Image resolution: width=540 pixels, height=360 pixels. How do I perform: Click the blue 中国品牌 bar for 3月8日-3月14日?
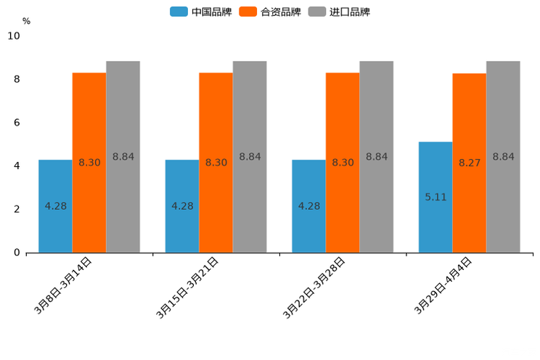(x=55, y=206)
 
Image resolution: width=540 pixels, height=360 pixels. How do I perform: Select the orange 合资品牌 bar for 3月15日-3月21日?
(x=216, y=163)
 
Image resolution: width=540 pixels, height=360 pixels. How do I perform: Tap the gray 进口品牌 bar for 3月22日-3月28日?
(x=376, y=157)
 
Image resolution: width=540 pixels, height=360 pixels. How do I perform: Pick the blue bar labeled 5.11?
(x=435, y=197)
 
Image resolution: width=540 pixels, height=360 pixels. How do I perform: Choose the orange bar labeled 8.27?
(x=469, y=163)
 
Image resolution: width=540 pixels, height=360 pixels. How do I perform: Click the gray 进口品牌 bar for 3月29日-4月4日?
(x=503, y=157)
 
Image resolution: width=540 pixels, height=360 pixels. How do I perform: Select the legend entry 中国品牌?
(x=201, y=12)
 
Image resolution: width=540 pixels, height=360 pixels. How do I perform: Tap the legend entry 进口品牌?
(x=339, y=12)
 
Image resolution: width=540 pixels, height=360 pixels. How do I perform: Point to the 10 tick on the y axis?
(x=14, y=36)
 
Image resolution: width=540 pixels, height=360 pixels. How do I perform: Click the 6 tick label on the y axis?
(x=17, y=123)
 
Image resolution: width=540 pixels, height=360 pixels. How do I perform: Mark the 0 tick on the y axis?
(x=17, y=253)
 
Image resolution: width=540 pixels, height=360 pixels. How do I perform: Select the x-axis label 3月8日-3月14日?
(x=63, y=285)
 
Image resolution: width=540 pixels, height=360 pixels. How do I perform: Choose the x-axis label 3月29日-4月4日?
(x=443, y=285)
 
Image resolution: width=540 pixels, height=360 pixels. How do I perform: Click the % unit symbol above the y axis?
(x=26, y=21)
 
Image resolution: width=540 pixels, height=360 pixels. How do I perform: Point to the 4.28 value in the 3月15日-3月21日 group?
(x=182, y=206)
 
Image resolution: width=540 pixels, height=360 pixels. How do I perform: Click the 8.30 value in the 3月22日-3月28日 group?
(x=343, y=163)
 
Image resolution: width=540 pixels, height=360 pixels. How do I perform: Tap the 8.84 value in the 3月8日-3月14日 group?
(x=123, y=157)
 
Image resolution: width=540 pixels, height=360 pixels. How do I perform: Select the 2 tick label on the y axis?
(x=17, y=209)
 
